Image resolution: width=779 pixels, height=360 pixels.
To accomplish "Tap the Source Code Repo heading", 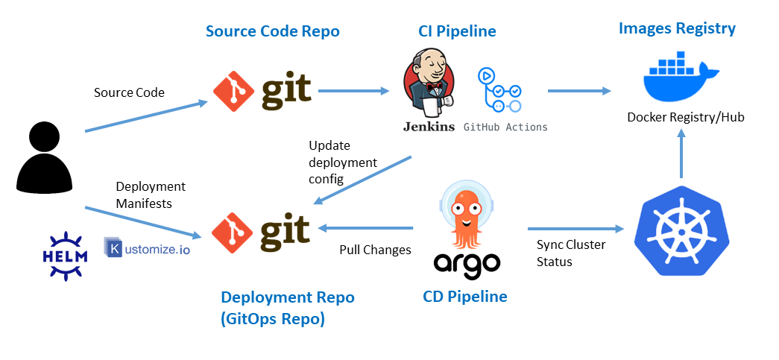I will [272, 31].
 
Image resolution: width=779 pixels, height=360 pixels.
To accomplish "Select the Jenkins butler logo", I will [429, 89].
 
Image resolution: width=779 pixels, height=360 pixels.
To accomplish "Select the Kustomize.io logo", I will [148, 247].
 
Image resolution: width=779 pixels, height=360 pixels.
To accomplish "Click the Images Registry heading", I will [677, 28].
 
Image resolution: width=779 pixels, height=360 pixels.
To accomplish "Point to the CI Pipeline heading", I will [457, 31].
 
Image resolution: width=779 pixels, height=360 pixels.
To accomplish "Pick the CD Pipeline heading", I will [465, 297].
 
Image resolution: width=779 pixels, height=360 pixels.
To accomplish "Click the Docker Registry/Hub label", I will [685, 117].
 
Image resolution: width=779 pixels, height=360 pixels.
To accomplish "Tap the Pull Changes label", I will [375, 250].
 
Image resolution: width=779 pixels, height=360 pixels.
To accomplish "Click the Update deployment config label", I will [343, 162].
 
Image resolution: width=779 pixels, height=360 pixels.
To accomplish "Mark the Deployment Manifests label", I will [151, 194].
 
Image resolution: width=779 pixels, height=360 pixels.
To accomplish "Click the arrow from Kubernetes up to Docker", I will [680, 154].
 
